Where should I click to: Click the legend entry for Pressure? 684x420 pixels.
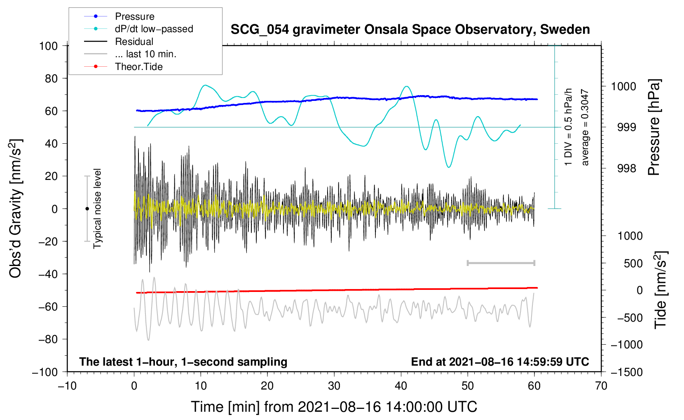click(134, 16)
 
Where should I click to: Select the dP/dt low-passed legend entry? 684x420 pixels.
click(154, 29)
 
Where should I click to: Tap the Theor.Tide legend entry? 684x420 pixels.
click(138, 67)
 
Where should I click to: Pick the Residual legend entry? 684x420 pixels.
click(134, 42)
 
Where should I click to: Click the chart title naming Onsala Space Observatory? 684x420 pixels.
click(410, 30)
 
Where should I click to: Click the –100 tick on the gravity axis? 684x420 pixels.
click(45, 372)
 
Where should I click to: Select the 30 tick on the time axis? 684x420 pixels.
click(334, 386)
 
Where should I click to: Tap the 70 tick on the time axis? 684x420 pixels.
click(601, 386)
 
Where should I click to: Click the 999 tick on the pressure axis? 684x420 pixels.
click(626, 127)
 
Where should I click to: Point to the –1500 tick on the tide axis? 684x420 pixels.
click(626, 372)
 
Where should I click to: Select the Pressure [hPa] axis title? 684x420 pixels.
click(654, 127)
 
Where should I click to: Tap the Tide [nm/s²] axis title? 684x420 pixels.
click(661, 290)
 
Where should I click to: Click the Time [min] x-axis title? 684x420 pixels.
click(334, 407)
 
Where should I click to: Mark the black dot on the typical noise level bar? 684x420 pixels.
click(87, 209)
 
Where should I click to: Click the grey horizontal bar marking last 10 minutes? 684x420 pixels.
click(501, 263)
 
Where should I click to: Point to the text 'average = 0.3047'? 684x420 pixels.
click(585, 127)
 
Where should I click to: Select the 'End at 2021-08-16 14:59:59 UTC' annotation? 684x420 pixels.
click(500, 362)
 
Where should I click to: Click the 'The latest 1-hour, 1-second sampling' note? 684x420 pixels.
click(183, 362)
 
